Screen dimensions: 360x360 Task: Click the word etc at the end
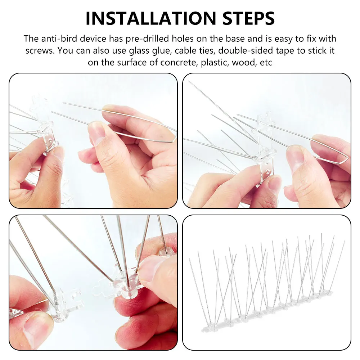click(x=265, y=62)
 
